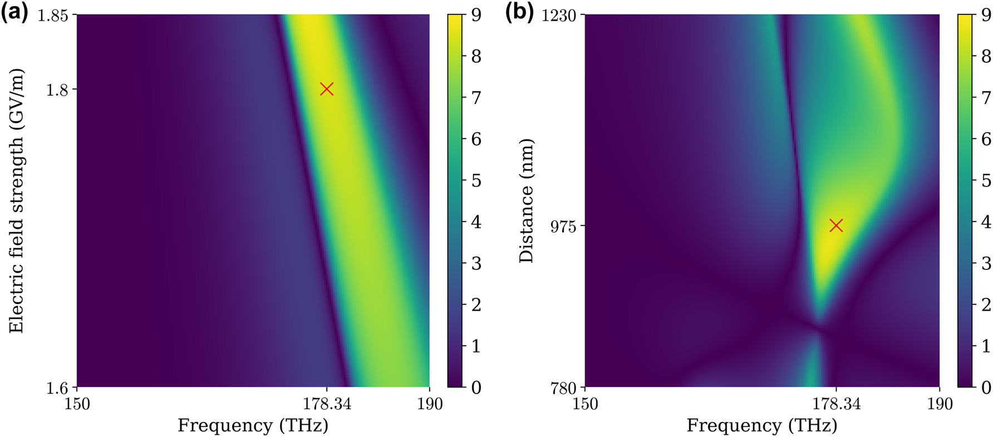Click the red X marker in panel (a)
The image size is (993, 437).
click(x=327, y=89)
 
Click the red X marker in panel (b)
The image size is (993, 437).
click(x=835, y=225)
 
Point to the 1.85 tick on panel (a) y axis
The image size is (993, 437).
click(x=53, y=15)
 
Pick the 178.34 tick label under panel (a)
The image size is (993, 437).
click(x=327, y=404)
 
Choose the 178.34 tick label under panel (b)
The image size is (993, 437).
click(x=835, y=404)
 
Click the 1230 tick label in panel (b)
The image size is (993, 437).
click(x=559, y=15)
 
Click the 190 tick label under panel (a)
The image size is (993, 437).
click(x=429, y=404)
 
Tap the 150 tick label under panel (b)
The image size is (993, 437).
click(x=585, y=404)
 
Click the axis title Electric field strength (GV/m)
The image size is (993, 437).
click(x=17, y=200)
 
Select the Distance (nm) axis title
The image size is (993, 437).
click(x=526, y=200)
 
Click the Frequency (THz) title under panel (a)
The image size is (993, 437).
click(x=253, y=426)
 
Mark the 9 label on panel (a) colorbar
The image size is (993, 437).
click(x=476, y=15)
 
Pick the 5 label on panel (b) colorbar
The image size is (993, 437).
click(x=986, y=180)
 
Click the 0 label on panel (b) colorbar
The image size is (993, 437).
click(x=986, y=387)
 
